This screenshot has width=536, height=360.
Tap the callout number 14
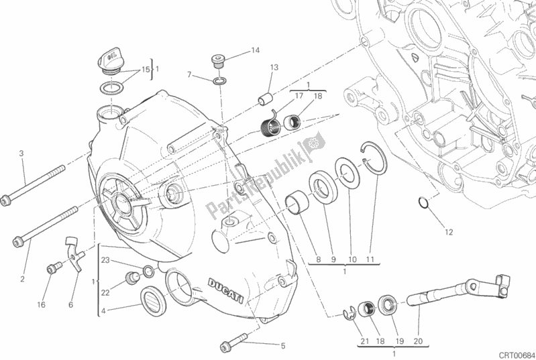(x=256, y=50)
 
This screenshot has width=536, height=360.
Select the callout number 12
(x=448, y=233)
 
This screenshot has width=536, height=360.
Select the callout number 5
(x=282, y=346)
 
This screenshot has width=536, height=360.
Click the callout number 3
(x=21, y=154)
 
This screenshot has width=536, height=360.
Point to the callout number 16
(x=42, y=304)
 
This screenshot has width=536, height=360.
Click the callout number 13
(x=274, y=67)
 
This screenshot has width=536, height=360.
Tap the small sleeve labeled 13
(x=266, y=99)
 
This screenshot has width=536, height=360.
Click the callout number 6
(x=70, y=304)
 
